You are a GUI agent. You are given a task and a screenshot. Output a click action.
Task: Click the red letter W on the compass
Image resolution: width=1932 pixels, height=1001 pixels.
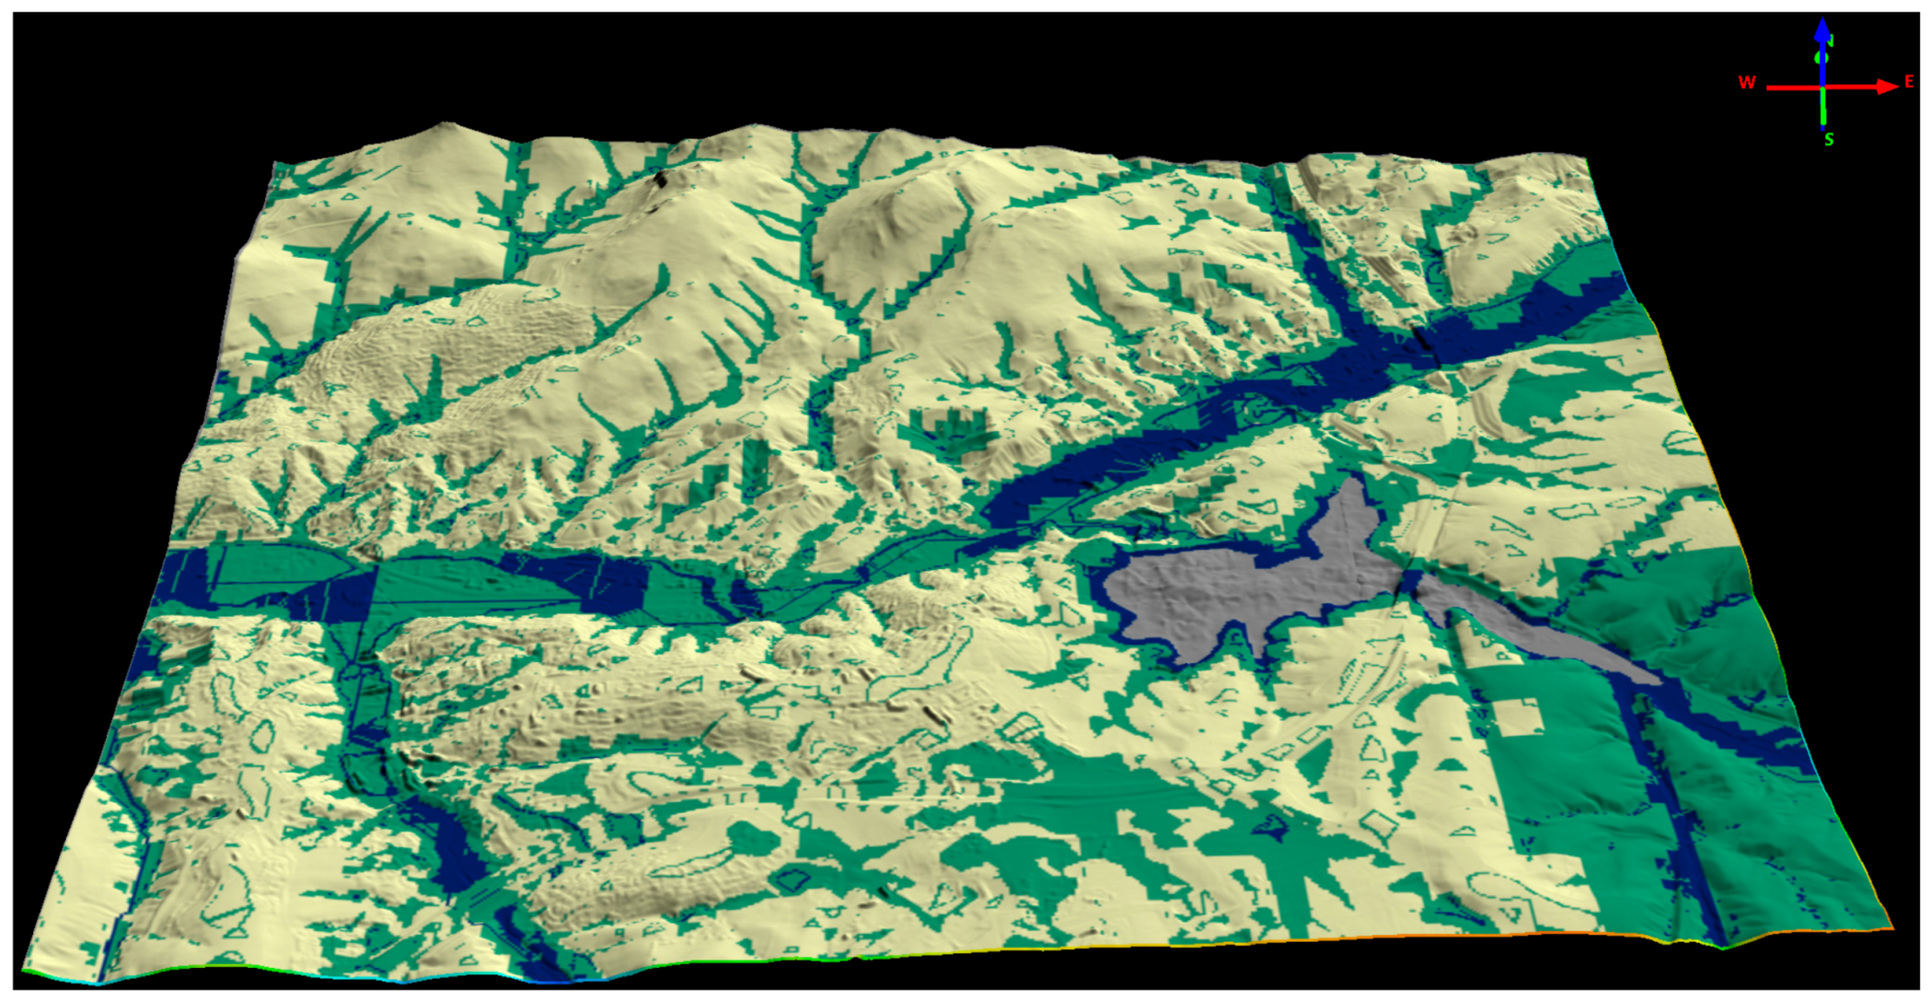pyautogui.click(x=1746, y=82)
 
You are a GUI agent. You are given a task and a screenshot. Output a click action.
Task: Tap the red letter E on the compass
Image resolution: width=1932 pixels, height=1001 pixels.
pyautogui.click(x=1909, y=82)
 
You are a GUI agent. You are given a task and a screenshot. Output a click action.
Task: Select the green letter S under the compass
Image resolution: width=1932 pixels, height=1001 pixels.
pyautogui.click(x=1829, y=140)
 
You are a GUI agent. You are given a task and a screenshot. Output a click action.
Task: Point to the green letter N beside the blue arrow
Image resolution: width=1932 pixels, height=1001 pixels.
pyautogui.click(x=1831, y=41)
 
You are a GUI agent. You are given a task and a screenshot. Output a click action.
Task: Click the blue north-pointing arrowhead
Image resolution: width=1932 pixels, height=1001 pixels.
pyautogui.click(x=1822, y=29)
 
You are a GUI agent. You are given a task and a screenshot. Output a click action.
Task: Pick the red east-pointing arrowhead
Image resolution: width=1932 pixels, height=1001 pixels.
pyautogui.click(x=1887, y=87)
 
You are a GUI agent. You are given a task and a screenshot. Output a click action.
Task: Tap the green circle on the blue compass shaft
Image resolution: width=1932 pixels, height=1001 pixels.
pyautogui.click(x=1822, y=58)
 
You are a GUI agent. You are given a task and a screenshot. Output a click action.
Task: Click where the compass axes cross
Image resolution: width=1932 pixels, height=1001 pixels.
pyautogui.click(x=1822, y=87)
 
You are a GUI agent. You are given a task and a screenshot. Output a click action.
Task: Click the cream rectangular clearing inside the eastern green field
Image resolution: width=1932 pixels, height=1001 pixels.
pyautogui.click(x=1520, y=716)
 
